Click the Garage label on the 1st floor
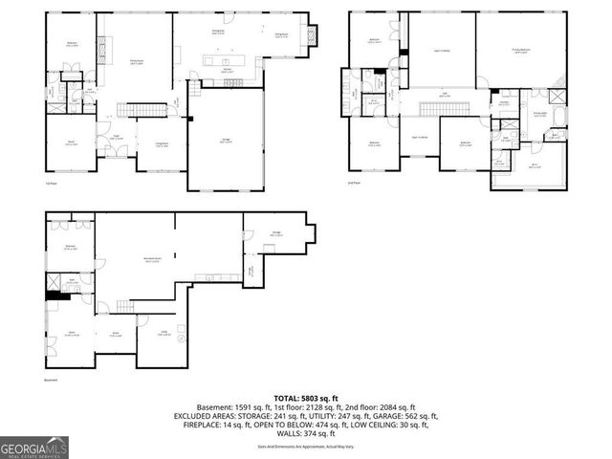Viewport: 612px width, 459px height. click(x=226, y=141)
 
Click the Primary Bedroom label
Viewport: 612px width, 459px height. click(x=520, y=53)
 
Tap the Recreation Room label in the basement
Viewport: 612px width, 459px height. click(x=151, y=259)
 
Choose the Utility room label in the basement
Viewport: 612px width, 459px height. click(x=164, y=333)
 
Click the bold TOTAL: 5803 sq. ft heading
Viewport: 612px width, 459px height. click(x=305, y=397)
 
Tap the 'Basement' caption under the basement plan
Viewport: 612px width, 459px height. click(x=52, y=380)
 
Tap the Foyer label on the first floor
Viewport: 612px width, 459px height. click(x=114, y=136)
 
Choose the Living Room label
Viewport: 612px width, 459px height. click(x=149, y=146)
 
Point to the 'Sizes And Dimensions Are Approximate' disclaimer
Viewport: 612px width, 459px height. click(x=305, y=446)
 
